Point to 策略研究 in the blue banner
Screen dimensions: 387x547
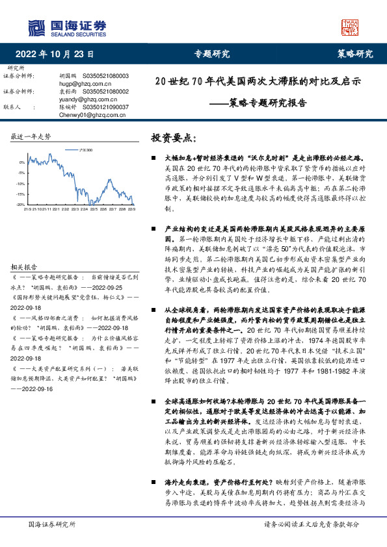[x=354, y=54]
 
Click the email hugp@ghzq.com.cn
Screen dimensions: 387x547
[x=81, y=84]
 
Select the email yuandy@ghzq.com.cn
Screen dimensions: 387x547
[x=84, y=99]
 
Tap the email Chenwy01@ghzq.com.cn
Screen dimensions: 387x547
[x=87, y=114]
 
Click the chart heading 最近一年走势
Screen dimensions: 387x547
[x=31, y=137]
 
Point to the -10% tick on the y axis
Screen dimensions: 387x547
[x=21, y=183]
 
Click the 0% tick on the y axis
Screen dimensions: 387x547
[x=23, y=162]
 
